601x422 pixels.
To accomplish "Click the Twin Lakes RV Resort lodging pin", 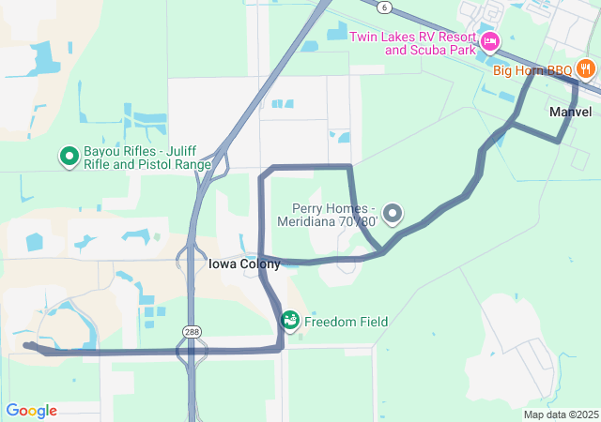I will click(x=489, y=41).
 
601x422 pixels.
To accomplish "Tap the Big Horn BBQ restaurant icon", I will click(x=586, y=68).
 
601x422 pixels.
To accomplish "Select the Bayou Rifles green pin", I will click(x=69, y=156).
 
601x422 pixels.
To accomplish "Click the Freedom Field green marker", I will click(x=290, y=321).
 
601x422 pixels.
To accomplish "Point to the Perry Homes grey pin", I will click(x=392, y=214).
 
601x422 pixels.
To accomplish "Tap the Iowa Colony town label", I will click(x=231, y=264).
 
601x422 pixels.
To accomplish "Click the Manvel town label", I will click(x=570, y=112).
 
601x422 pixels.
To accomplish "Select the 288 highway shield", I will click(x=191, y=331).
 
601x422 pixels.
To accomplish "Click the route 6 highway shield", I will click(x=385, y=7).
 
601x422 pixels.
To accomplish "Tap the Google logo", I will click(x=31, y=411).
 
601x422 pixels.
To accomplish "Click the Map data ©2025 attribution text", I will click(x=560, y=414).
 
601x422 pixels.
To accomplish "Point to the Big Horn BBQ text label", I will click(x=533, y=69).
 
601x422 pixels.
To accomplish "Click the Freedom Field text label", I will click(x=346, y=322).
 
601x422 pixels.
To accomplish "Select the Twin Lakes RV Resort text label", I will click(x=412, y=43).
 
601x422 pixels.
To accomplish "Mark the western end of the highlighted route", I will click(x=26, y=346).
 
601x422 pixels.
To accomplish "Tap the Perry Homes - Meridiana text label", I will click(x=328, y=215).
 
